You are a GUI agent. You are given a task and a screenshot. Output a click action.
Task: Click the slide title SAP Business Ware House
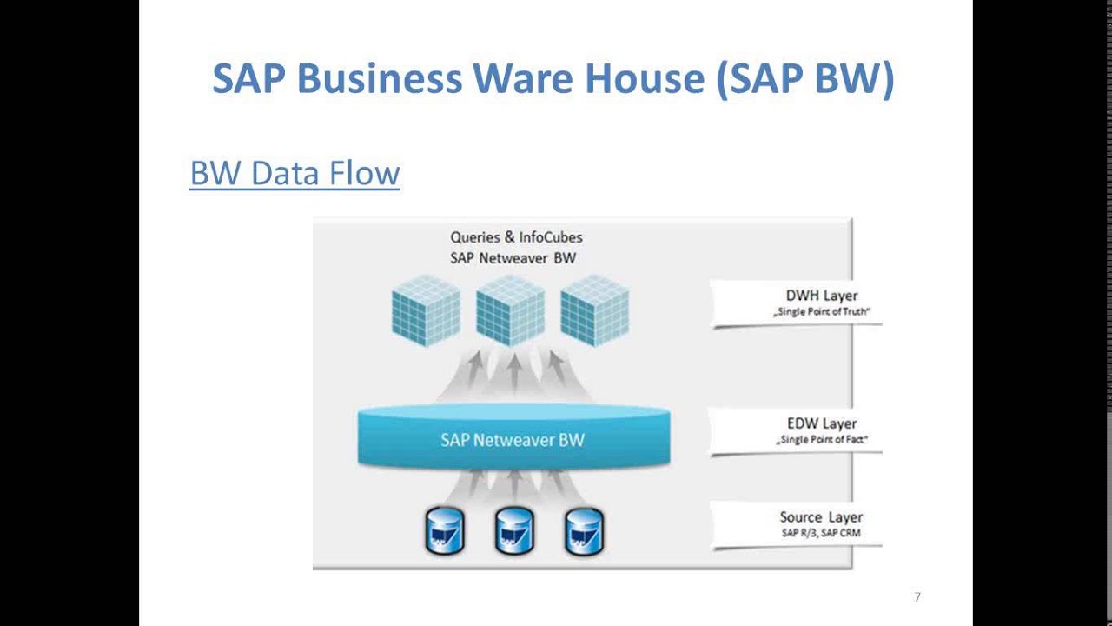(x=553, y=78)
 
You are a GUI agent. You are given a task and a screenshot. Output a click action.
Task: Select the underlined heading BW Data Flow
(x=295, y=173)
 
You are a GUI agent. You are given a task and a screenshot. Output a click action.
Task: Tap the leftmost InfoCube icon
(x=426, y=310)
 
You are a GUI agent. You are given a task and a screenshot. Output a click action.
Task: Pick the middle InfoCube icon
(x=511, y=310)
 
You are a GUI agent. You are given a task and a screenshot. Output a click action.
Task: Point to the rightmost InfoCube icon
(x=594, y=310)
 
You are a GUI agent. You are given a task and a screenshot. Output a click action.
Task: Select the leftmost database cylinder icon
(x=445, y=531)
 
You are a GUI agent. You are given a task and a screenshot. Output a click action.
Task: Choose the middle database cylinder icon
(x=514, y=531)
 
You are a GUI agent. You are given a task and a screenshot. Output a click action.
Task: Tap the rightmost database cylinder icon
(x=584, y=531)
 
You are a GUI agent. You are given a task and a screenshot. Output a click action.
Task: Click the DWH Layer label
(x=821, y=296)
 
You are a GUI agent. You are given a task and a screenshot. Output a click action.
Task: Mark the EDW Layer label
(x=821, y=423)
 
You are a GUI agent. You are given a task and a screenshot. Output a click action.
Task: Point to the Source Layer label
(x=821, y=517)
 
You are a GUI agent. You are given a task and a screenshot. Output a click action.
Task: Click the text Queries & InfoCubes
(x=516, y=236)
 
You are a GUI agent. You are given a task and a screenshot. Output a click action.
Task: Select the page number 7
(x=917, y=597)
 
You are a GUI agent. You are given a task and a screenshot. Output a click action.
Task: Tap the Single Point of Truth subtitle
(x=822, y=311)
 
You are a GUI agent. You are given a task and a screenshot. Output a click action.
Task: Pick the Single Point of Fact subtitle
(x=822, y=440)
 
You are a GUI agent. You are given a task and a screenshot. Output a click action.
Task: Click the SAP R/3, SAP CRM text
(x=821, y=533)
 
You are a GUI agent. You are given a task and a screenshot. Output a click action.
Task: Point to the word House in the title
(x=644, y=78)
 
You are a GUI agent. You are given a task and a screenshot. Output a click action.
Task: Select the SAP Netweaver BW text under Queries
(x=513, y=257)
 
